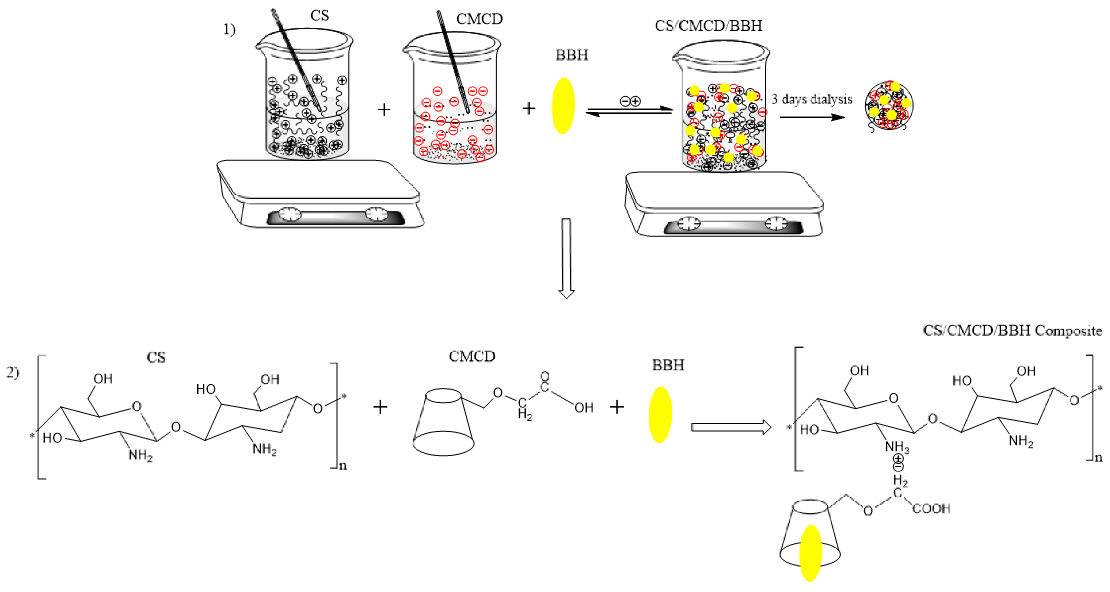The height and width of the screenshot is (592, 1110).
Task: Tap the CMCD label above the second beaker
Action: tap(479, 19)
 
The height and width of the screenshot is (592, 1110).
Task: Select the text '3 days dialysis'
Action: tap(811, 100)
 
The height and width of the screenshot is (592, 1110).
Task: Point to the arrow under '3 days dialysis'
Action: tap(812, 117)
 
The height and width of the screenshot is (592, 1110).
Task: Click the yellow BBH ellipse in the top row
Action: tap(563, 106)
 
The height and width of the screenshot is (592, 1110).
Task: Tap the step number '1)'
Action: tap(229, 29)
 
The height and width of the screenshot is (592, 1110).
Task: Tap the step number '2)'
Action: tap(13, 373)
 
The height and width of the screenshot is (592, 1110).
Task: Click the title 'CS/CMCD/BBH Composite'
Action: tap(1012, 331)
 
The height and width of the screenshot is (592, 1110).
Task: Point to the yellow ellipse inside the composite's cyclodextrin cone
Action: tap(810, 553)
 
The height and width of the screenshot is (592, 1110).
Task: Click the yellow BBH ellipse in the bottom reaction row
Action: tap(660, 415)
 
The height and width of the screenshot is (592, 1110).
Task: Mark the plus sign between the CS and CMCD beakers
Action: tap(383, 110)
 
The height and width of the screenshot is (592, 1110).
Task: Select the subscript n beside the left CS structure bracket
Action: tap(342, 466)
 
